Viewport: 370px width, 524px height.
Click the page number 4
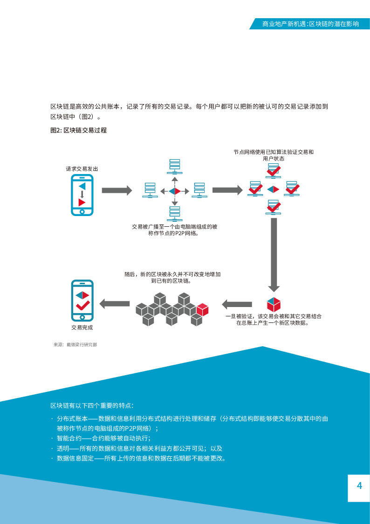pos(359,486)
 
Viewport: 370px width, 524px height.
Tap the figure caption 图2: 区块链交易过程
pos(78,130)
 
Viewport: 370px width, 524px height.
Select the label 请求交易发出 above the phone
pos(82,168)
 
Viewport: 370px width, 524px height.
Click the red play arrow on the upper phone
pos(82,202)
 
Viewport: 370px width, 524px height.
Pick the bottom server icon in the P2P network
pos(175,213)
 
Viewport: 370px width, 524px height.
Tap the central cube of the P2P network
pos(175,191)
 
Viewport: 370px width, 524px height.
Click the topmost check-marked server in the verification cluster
pos(274,170)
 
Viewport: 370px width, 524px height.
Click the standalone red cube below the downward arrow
pos(274,304)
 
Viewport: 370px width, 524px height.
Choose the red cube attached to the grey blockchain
pos(203,309)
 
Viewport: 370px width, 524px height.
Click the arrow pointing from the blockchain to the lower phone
pos(115,304)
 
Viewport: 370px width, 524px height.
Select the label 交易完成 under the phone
pos(82,328)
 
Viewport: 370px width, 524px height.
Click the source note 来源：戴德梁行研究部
pos(75,345)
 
